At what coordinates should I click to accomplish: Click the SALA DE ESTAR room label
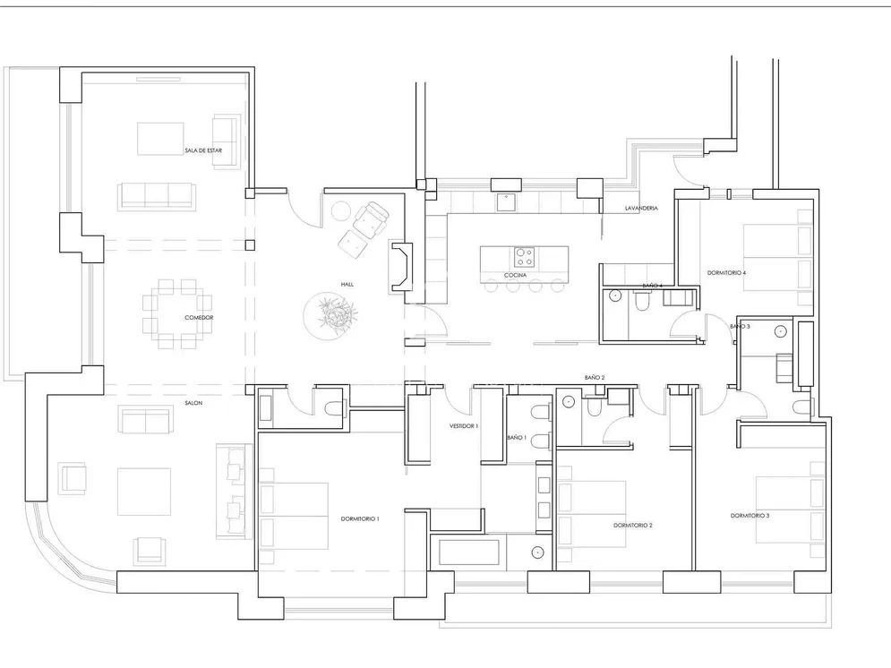coord(203,150)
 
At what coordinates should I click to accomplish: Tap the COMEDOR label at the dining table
coord(199,318)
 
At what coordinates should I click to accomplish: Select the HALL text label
coord(347,284)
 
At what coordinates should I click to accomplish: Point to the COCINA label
coord(515,275)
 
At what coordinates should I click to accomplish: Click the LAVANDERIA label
coord(641,209)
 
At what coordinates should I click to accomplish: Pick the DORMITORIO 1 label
coord(360,518)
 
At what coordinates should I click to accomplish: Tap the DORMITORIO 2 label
coord(633,526)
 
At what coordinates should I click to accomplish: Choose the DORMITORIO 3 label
coord(750,516)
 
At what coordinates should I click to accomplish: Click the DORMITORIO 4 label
coord(727,272)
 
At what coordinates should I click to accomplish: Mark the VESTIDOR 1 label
coord(464,426)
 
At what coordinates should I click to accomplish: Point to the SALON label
coord(193,403)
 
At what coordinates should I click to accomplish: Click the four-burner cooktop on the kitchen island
coord(523,257)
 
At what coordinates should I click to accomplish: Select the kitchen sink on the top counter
coord(506,202)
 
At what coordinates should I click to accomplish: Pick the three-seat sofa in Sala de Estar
coord(157,196)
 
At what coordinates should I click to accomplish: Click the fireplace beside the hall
coord(401,267)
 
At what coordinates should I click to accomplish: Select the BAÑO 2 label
coord(595,378)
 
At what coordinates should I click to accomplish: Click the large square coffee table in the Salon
coord(144,492)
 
